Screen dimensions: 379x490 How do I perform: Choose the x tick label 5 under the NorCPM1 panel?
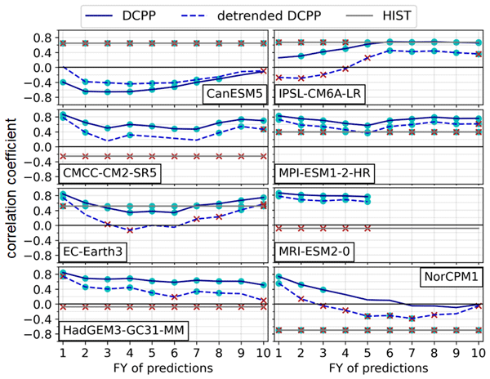[x=368, y=354]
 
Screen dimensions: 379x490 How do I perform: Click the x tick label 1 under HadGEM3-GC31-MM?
[x=62, y=354]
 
